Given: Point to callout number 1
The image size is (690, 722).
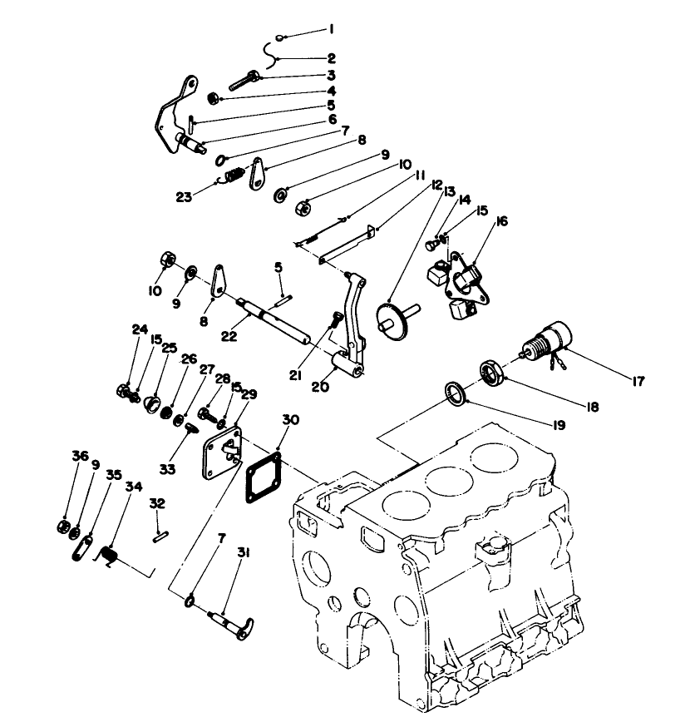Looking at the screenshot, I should click(x=331, y=28).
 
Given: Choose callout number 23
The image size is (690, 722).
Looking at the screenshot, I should click(x=185, y=198).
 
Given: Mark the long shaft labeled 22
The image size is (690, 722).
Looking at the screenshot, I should click(x=274, y=319).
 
